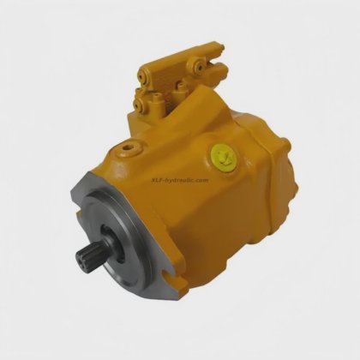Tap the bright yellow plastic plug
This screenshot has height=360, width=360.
[224, 157]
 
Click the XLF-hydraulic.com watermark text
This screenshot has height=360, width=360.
[180, 180]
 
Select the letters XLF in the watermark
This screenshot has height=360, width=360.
[158, 180]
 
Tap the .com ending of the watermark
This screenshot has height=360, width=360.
[202, 180]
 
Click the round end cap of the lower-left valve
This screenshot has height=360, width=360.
[141, 105]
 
